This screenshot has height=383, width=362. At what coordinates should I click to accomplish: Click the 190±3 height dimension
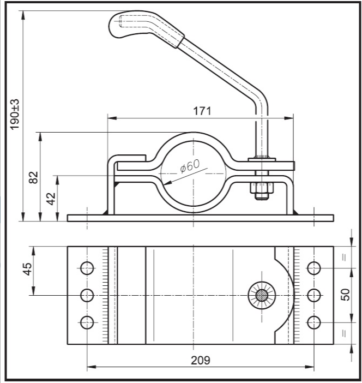tap(15, 115)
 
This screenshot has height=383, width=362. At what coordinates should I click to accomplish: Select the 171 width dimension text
tap(202, 111)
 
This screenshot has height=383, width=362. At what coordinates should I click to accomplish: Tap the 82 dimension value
tap(34, 177)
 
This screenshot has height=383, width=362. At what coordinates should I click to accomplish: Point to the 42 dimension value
tap(51, 199)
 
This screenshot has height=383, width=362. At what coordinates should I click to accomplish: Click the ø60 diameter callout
tap(190, 165)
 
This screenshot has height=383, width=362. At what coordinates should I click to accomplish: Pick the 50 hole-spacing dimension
tap(345, 295)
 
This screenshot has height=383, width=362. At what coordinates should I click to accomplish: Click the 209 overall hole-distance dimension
tap(201, 360)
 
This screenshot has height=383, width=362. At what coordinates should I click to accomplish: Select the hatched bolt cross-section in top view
tap(262, 295)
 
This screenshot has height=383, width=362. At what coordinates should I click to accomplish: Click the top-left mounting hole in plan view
tap(87, 268)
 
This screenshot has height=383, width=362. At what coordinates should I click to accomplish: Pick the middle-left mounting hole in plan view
tap(87, 295)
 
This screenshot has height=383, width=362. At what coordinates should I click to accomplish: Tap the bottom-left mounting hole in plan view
tap(87, 322)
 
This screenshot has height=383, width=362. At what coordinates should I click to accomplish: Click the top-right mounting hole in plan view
tap(314, 268)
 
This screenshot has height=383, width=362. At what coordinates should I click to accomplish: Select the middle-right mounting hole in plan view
tap(314, 295)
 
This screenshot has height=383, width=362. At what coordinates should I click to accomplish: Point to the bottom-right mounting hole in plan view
tap(314, 322)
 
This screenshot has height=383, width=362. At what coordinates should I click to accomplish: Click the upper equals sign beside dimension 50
tap(344, 258)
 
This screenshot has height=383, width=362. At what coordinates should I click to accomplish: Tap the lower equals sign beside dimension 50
tap(344, 333)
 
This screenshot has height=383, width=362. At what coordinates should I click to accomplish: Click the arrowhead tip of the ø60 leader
tap(164, 184)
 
